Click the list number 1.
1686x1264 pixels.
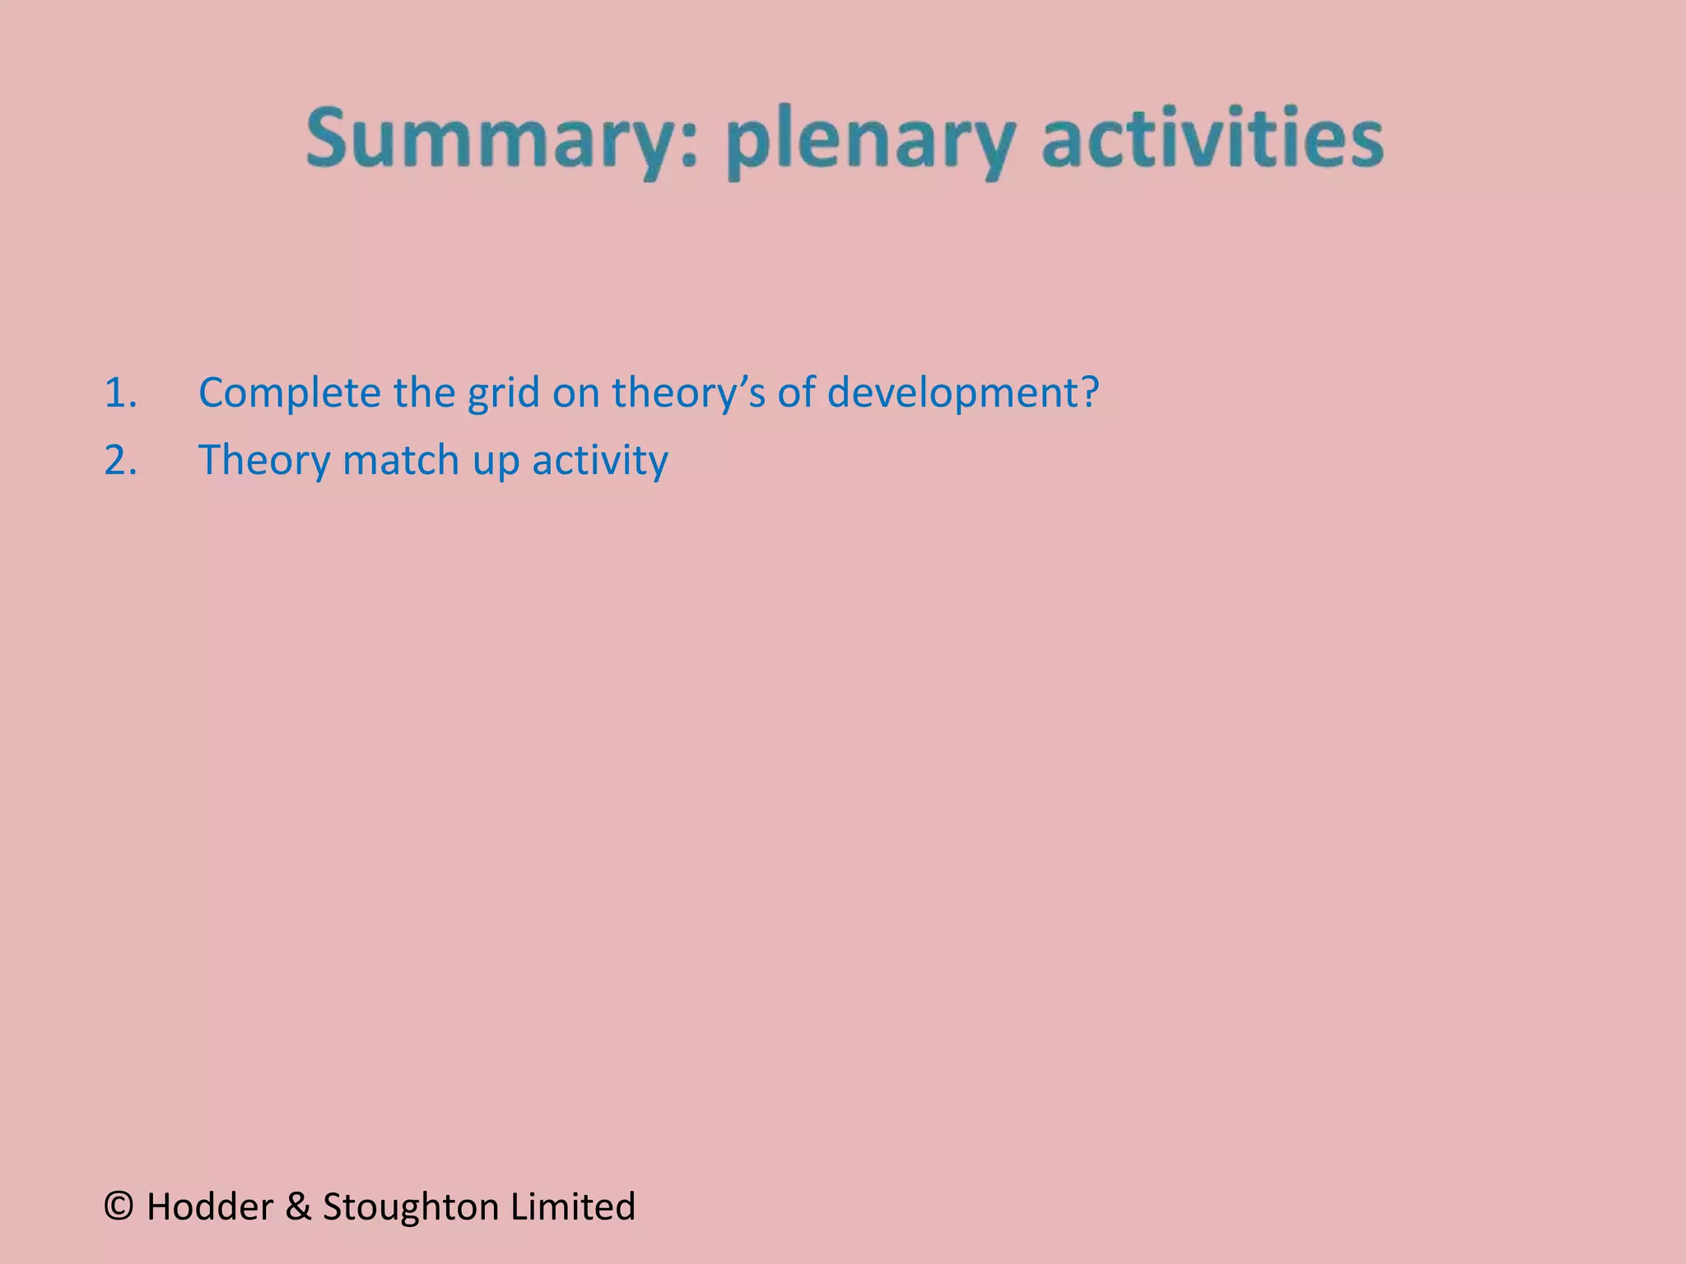tap(120, 393)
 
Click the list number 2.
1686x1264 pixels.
tap(120, 459)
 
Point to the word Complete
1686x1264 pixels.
tap(289, 393)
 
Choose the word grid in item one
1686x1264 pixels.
tap(502, 393)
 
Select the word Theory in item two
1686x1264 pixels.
tap(263, 459)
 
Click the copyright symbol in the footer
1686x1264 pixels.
tap(120, 1207)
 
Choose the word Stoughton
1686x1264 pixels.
tap(412, 1207)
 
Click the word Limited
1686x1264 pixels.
tap(573, 1207)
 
